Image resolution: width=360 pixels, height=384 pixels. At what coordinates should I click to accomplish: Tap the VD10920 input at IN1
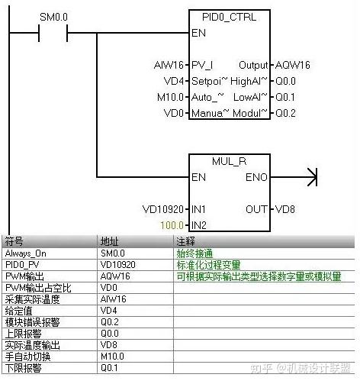click(x=163, y=208)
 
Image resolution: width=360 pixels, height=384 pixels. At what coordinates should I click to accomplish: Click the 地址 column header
click(x=110, y=240)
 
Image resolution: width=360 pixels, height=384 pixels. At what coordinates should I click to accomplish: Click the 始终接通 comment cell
click(x=194, y=252)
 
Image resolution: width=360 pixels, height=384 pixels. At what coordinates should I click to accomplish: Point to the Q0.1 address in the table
click(x=110, y=369)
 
